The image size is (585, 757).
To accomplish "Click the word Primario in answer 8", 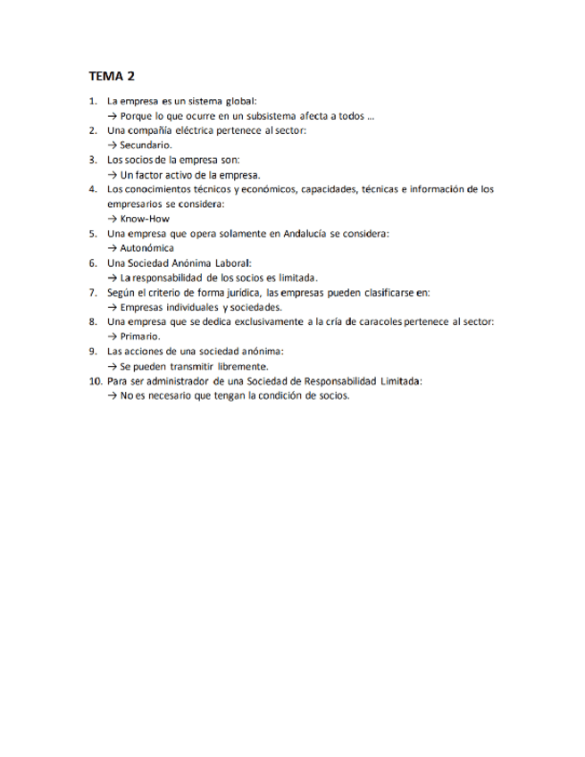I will (140, 337).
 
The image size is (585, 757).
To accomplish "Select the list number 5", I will (94, 233).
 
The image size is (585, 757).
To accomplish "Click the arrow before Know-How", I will (112, 219).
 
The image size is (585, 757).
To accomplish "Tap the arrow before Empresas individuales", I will (112, 307).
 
